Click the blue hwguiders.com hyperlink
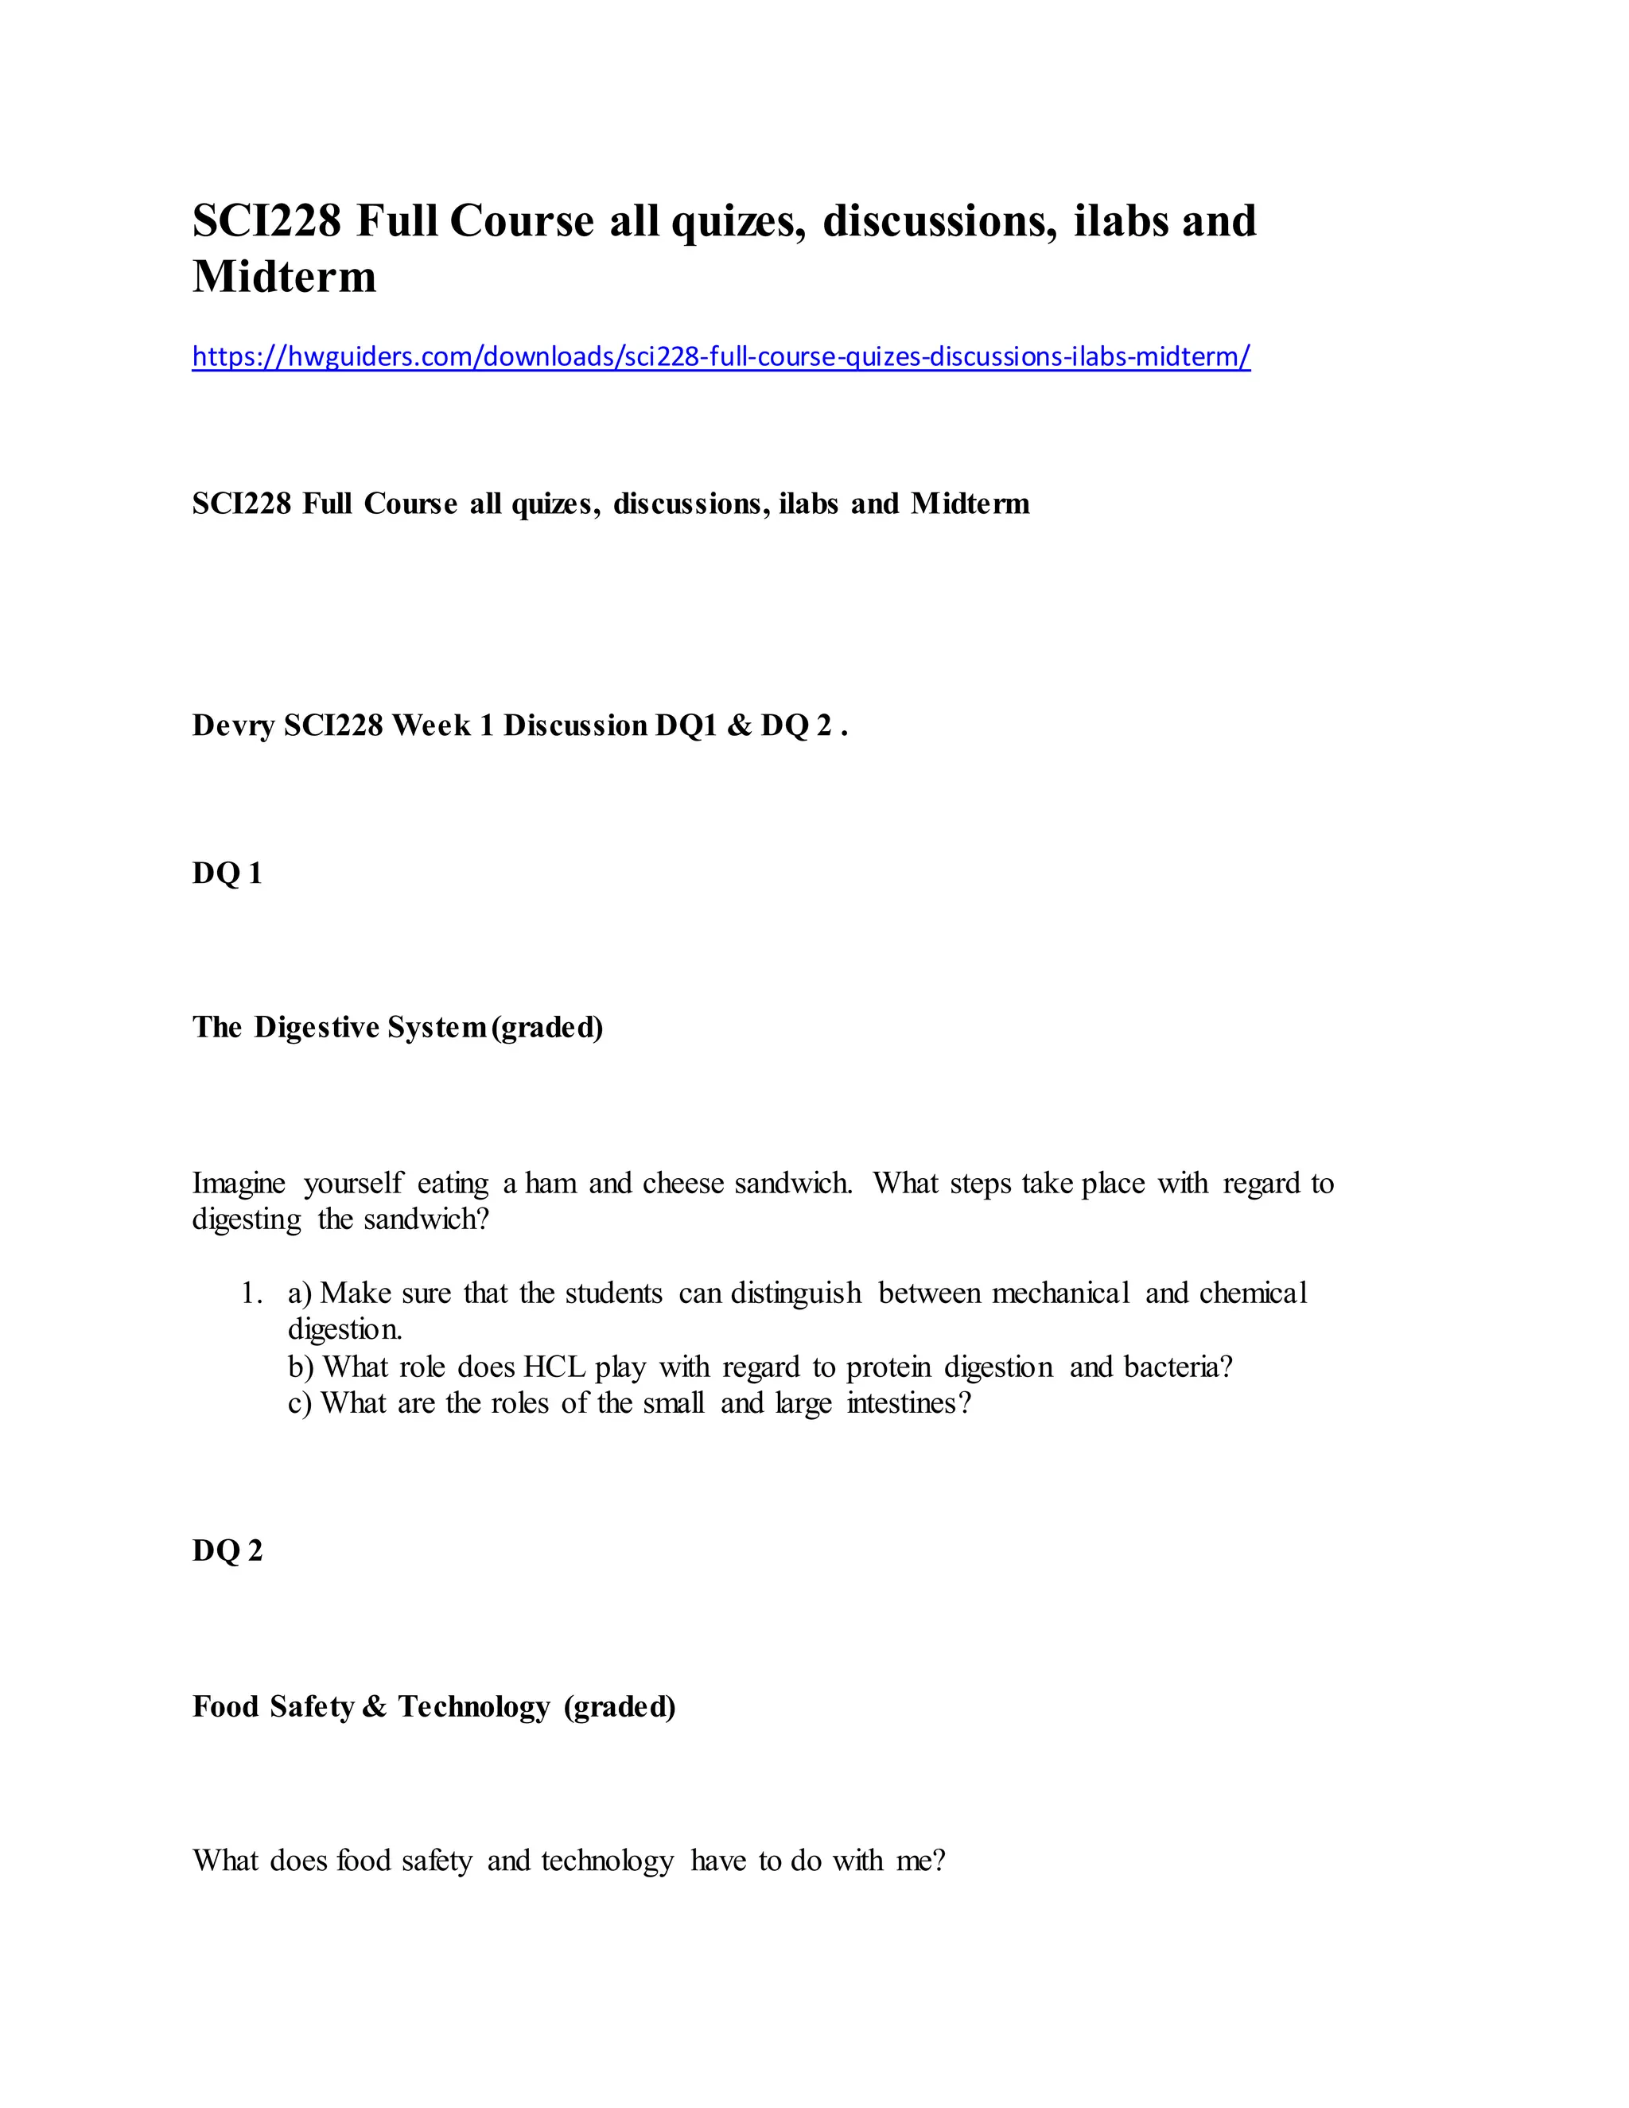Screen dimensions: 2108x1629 pyautogui.click(x=721, y=357)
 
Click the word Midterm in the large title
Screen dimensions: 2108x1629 pyautogui.click(x=285, y=277)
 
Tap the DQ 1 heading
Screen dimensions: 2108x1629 pyautogui.click(x=227, y=874)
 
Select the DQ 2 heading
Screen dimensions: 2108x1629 pyautogui.click(x=227, y=1551)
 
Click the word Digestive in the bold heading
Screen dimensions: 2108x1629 pyautogui.click(x=317, y=1028)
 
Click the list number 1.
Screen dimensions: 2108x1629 pyautogui.click(x=252, y=1293)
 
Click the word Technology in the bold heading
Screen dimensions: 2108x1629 pyautogui.click(x=474, y=1706)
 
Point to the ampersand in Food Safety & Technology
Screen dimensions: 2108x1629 pyautogui.click(x=375, y=1706)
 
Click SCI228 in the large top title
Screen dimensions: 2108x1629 pyautogui.click(x=266, y=222)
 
